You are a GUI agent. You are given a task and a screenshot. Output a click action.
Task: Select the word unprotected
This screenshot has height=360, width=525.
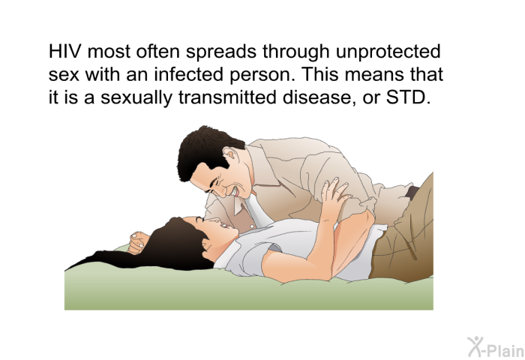(x=388, y=52)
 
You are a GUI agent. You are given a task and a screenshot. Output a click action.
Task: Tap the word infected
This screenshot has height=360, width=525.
(x=188, y=74)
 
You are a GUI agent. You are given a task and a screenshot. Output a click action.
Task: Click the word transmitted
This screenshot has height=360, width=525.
(x=227, y=97)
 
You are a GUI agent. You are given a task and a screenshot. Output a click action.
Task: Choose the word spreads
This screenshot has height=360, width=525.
(x=222, y=52)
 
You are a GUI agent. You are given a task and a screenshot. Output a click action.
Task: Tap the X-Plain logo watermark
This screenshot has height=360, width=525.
(x=496, y=347)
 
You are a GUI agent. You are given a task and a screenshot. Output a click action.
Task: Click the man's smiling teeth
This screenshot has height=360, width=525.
(x=235, y=192)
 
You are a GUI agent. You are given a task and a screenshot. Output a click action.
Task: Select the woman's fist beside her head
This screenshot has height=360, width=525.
(x=138, y=242)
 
